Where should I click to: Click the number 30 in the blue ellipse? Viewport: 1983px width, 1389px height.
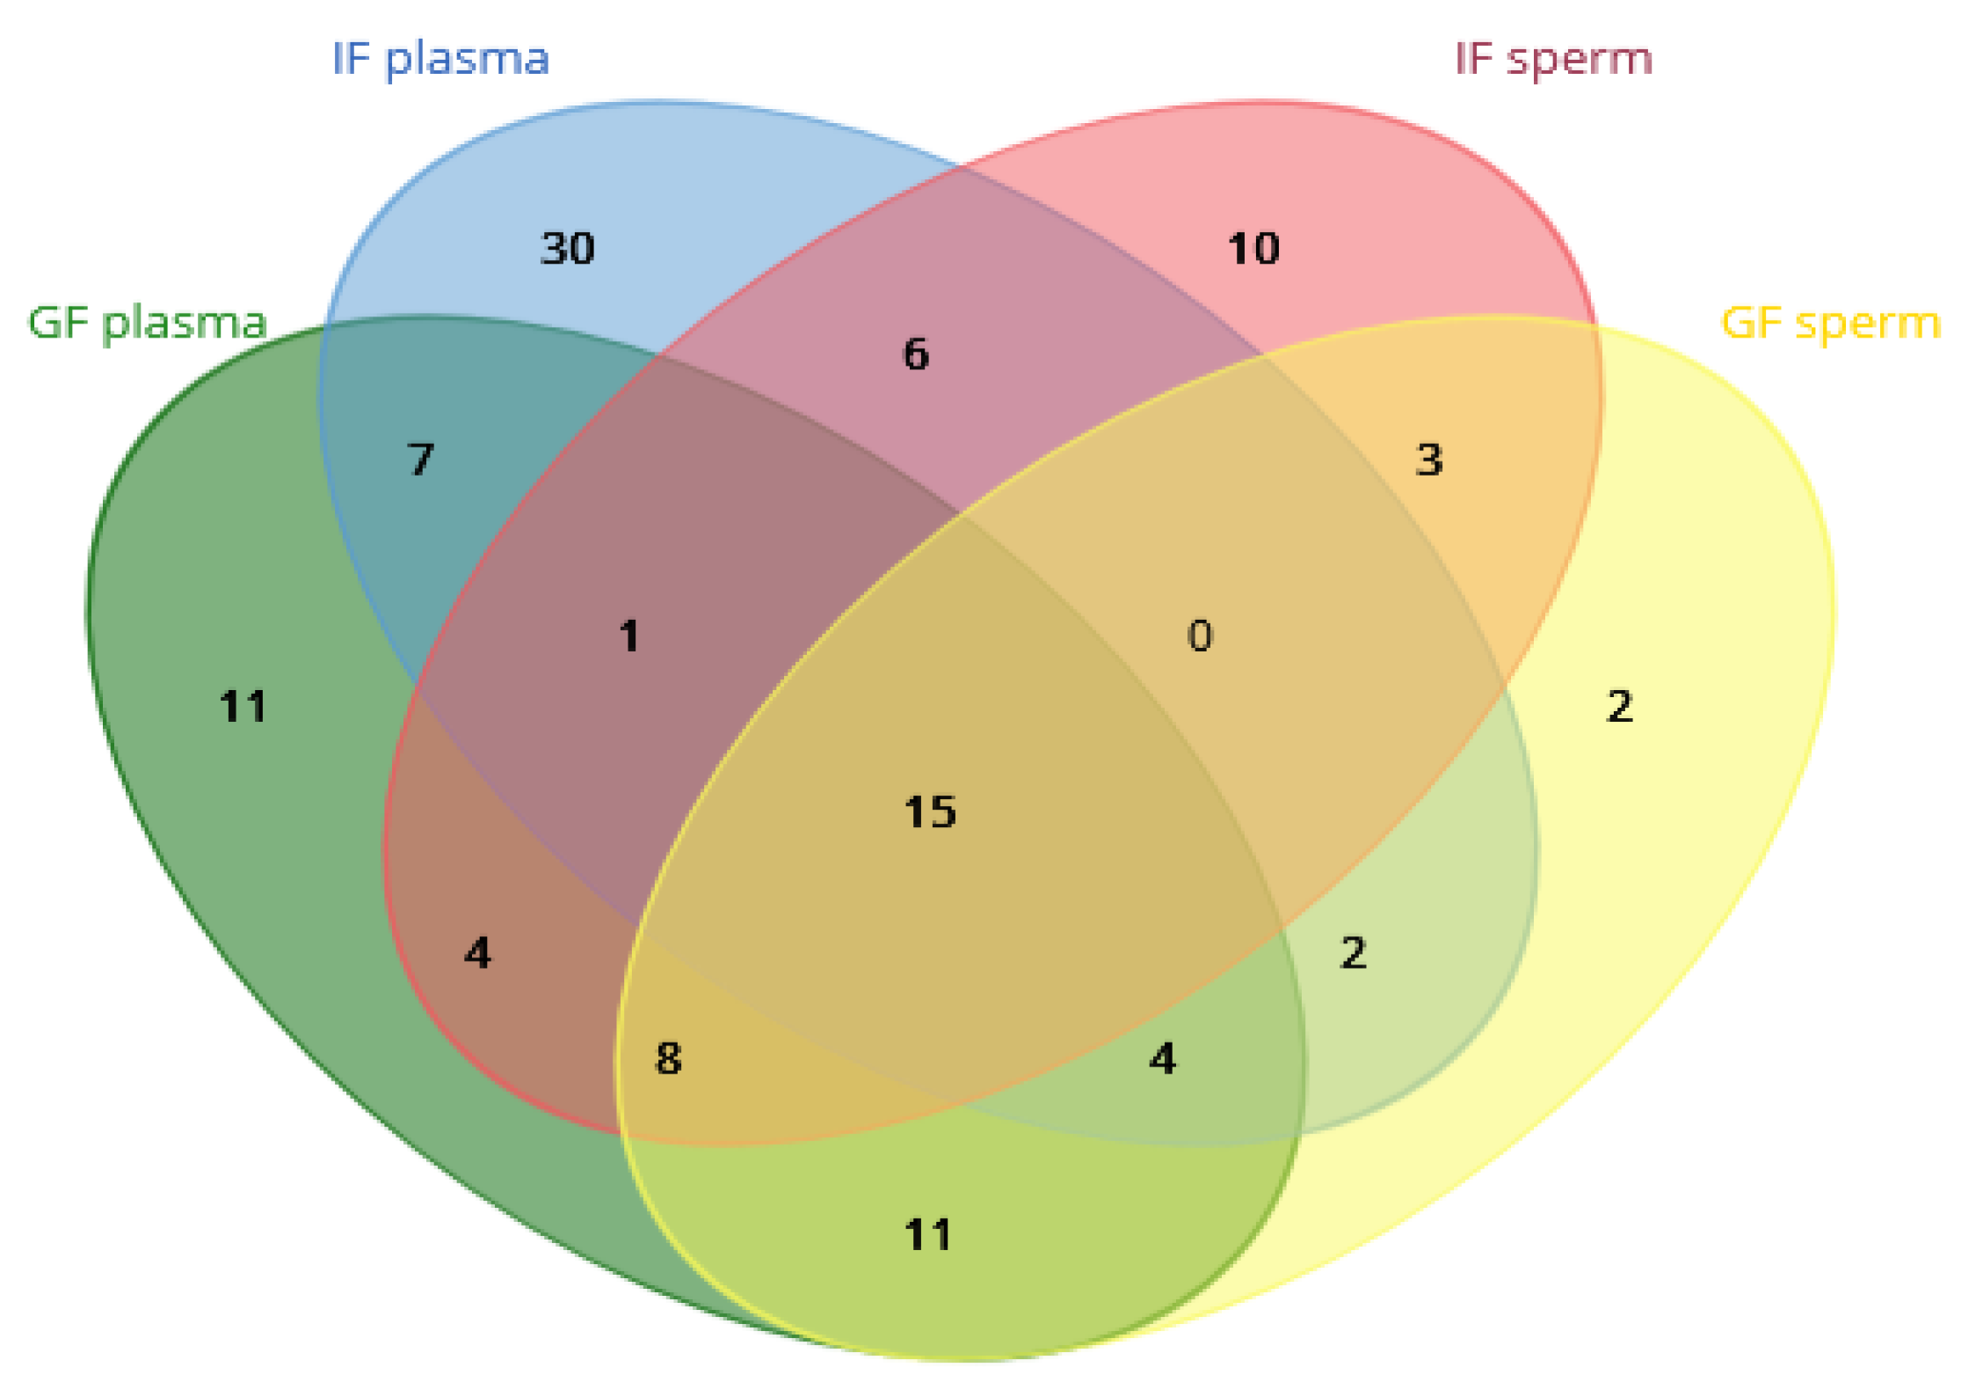click(x=567, y=249)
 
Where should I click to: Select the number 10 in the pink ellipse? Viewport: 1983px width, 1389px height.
click(x=1253, y=249)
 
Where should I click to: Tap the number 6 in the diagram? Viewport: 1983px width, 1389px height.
click(x=916, y=354)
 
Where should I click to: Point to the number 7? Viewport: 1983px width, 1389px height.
click(x=421, y=460)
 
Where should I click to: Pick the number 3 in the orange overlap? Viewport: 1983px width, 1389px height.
click(x=1429, y=460)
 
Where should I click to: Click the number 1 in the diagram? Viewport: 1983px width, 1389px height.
click(x=628, y=636)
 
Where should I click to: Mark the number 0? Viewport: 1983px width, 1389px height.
click(x=1200, y=636)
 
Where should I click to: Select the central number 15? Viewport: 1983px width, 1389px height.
click(x=930, y=811)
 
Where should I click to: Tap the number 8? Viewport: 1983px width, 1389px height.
click(x=669, y=1058)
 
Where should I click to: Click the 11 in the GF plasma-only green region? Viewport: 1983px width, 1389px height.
click(x=243, y=707)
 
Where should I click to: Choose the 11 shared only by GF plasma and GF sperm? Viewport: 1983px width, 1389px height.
click(x=928, y=1235)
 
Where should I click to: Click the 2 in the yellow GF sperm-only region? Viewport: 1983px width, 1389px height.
click(x=1620, y=707)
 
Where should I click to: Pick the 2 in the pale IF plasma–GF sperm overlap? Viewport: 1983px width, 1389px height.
click(x=1354, y=953)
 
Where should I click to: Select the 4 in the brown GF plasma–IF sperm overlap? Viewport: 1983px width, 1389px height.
click(x=477, y=953)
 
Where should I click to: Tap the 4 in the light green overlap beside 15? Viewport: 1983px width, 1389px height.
click(x=1163, y=1058)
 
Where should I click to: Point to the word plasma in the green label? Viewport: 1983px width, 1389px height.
click(x=185, y=324)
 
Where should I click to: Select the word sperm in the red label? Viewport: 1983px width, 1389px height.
click(x=1580, y=60)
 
